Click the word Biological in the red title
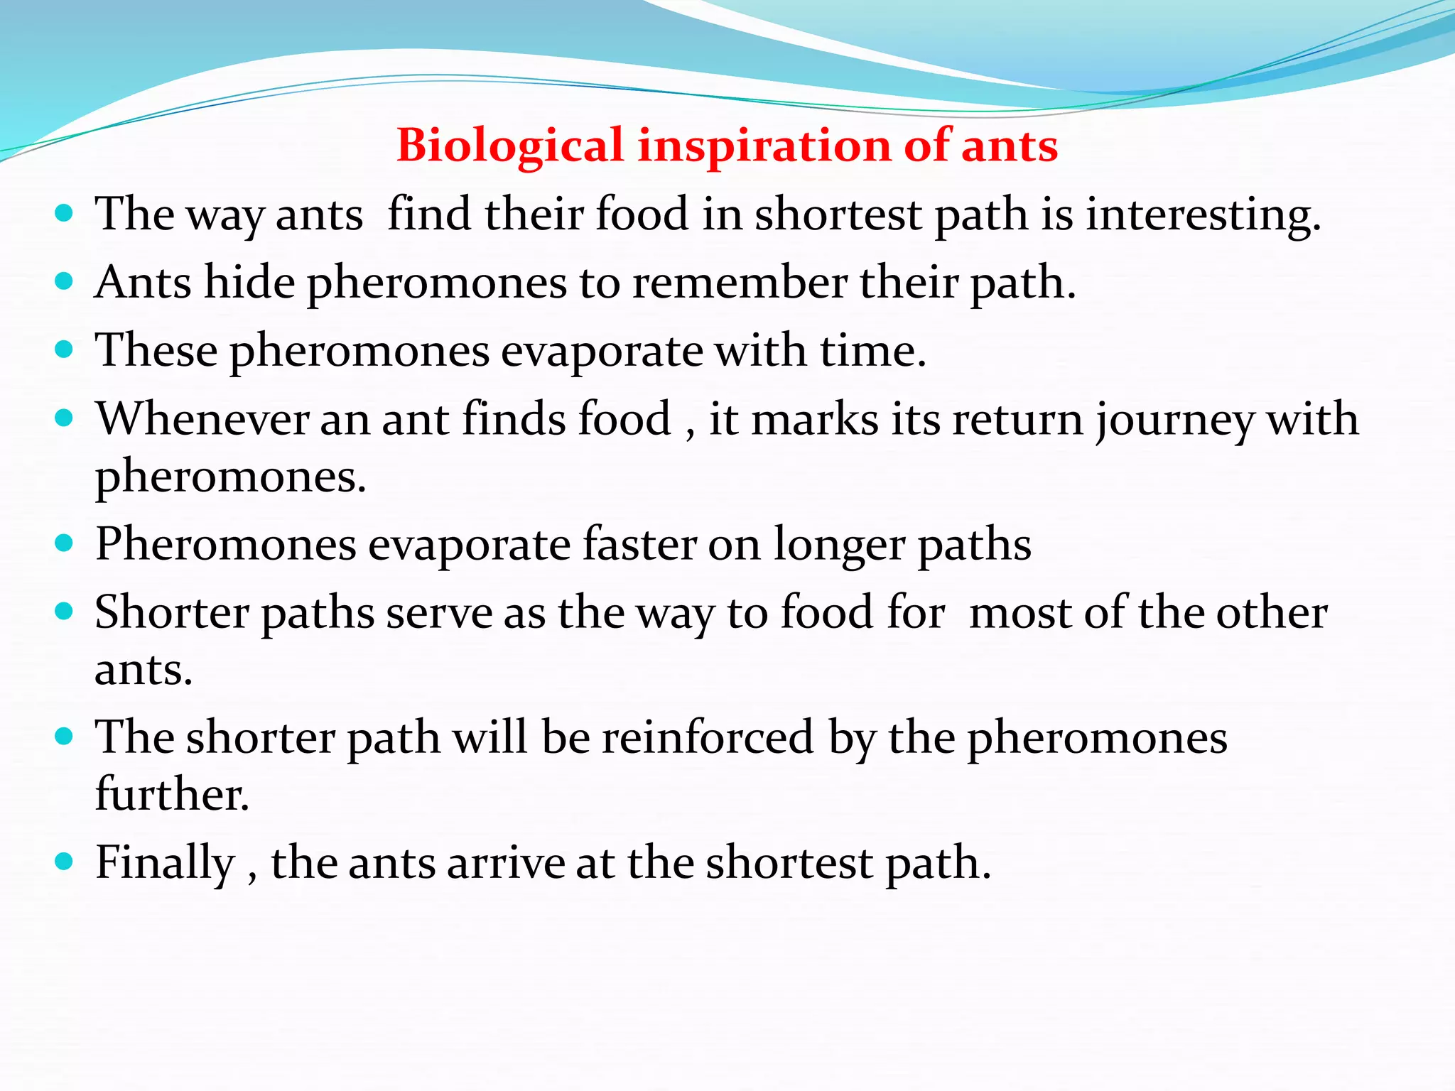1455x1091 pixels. coord(509,146)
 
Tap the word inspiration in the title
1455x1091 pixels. coord(764,146)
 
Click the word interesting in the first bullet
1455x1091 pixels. coord(1202,214)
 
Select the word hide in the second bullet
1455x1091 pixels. coord(249,282)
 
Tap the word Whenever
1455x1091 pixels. coord(202,418)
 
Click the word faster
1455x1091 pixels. coord(639,544)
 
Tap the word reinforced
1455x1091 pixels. coord(708,737)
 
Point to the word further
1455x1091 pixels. coord(172,793)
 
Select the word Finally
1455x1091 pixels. coord(165,862)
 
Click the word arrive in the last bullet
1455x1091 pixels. coord(505,862)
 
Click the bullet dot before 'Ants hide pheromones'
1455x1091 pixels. coord(64,282)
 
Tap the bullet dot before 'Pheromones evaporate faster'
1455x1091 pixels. coord(64,544)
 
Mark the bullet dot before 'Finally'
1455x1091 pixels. coord(64,862)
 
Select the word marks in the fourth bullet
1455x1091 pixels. coord(815,418)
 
